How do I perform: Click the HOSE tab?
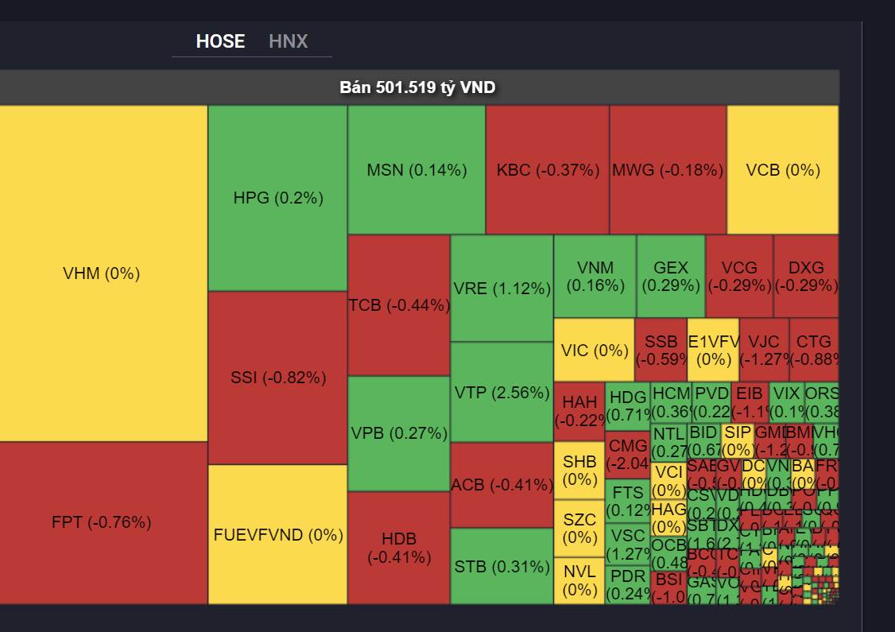[x=220, y=41]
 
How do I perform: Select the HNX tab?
[x=288, y=41]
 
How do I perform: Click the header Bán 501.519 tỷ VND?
[x=418, y=87]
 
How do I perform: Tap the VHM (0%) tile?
[x=102, y=273]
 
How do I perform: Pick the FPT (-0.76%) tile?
[x=102, y=522]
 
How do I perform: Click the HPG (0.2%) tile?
[x=277, y=198]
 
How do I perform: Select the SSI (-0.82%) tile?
[x=277, y=378]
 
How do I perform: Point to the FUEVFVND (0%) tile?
[x=277, y=534]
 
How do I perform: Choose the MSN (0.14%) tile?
[x=417, y=169]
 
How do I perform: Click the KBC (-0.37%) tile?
[x=547, y=169]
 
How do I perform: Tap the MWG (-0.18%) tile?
[x=668, y=169]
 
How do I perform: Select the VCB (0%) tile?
[x=782, y=169]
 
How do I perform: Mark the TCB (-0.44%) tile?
[x=398, y=305]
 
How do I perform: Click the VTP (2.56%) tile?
[x=502, y=392]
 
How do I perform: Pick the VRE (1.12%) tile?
[x=502, y=288]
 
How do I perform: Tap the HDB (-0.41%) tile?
[x=398, y=548]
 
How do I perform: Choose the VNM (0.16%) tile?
[x=595, y=276]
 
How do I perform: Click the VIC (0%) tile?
[x=594, y=350]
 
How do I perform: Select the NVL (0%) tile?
[x=579, y=580]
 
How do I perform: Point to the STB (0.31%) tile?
[x=502, y=567]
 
